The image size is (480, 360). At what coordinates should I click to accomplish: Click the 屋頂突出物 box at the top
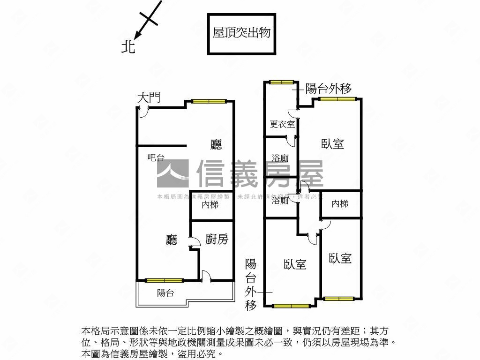tap(241, 33)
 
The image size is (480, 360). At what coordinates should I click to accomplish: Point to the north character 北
tap(128, 46)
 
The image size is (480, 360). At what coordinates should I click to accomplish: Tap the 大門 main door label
tap(149, 98)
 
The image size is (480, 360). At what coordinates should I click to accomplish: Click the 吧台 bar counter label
tap(156, 158)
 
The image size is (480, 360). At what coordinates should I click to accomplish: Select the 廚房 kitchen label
tap(217, 240)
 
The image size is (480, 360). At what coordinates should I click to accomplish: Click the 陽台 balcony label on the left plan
tap(165, 293)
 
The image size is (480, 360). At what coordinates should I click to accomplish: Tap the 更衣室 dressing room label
tap(282, 124)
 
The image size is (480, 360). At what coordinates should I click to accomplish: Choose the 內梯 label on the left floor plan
tap(210, 205)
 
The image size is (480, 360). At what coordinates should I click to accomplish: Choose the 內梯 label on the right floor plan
tap(340, 204)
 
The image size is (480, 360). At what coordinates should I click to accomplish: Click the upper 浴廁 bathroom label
tap(280, 158)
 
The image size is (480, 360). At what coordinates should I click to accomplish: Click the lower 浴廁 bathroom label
tap(280, 201)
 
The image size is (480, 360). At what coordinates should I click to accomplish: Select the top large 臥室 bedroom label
tap(333, 144)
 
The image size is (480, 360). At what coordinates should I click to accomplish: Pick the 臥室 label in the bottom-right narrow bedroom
tap(340, 258)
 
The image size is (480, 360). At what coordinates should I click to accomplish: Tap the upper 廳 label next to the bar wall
tap(216, 145)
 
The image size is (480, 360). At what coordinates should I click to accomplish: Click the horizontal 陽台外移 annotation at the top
tap(328, 89)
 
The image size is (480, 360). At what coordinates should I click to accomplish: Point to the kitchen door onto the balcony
tap(205, 276)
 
